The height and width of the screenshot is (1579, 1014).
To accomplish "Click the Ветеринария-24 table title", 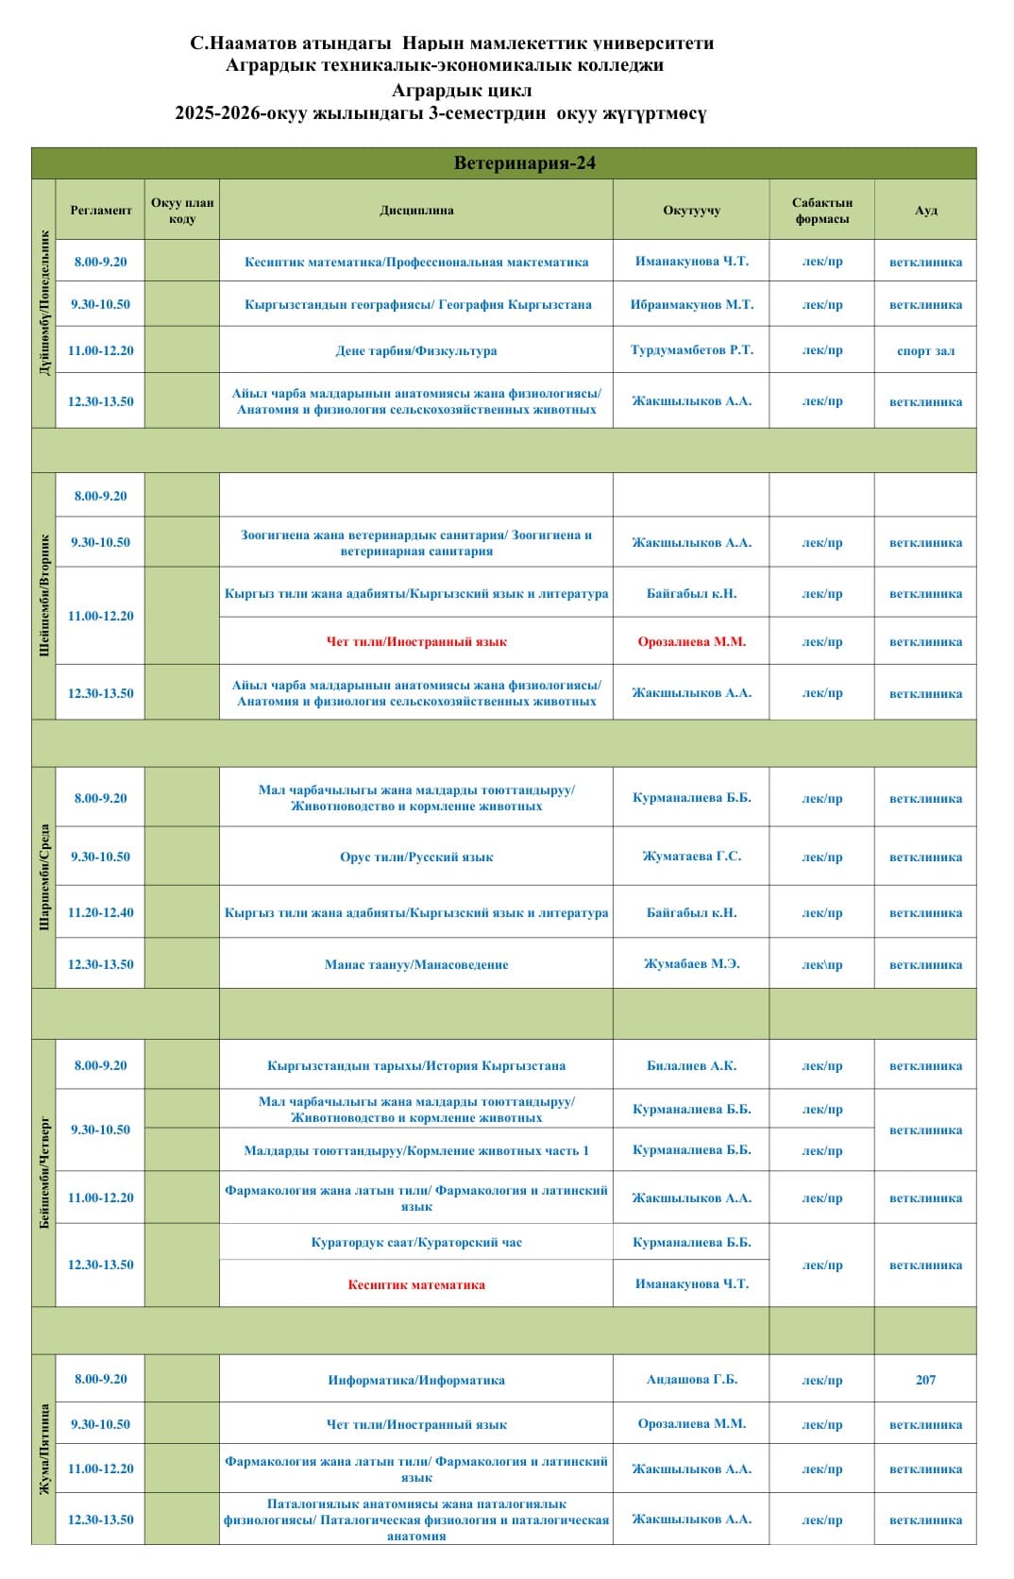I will (524, 163).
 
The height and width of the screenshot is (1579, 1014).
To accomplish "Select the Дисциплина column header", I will (416, 211).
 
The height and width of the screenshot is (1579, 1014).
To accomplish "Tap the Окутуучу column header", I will (691, 211).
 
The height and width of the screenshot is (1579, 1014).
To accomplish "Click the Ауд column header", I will (925, 211).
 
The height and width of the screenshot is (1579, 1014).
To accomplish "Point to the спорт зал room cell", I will (925, 350).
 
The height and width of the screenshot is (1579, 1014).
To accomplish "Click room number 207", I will (925, 1380).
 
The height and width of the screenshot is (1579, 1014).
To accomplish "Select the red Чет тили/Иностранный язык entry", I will (416, 642).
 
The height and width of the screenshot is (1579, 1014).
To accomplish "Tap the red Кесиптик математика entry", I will (416, 1284).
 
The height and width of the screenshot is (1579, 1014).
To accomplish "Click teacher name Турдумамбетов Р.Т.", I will (691, 350).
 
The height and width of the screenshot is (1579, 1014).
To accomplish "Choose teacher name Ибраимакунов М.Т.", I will (691, 304).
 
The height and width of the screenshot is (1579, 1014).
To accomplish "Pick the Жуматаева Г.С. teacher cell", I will (691, 857).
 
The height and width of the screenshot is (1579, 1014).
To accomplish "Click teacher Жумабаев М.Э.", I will (691, 964).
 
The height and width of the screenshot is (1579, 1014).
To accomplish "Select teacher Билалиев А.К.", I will (691, 1066).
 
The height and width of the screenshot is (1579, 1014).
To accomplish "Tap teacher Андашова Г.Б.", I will (691, 1380).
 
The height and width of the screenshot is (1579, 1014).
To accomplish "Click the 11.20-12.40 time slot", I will (100, 912).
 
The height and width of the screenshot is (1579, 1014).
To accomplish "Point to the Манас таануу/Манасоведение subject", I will (416, 965).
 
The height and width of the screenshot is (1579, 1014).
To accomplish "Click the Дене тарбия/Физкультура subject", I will (416, 350).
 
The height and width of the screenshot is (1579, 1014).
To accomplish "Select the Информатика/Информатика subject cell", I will (416, 1381).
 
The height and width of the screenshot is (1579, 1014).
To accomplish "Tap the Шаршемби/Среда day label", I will (44, 877).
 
